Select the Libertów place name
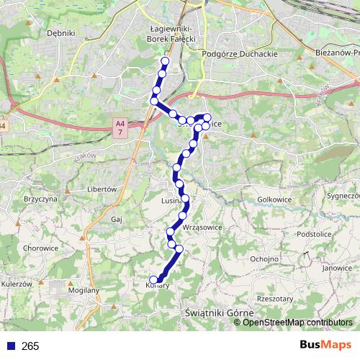pyautogui.click(x=102, y=189)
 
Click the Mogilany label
pyautogui.click(x=81, y=291)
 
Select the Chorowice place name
pyautogui.click(x=40, y=248)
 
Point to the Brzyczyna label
pyautogui.click(x=40, y=198)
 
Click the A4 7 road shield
pyautogui.click(x=120, y=129)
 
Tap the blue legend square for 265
pyautogui.click(x=11, y=346)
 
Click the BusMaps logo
pyautogui.click(x=325, y=345)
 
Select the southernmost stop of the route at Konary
pyautogui.click(x=153, y=280)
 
